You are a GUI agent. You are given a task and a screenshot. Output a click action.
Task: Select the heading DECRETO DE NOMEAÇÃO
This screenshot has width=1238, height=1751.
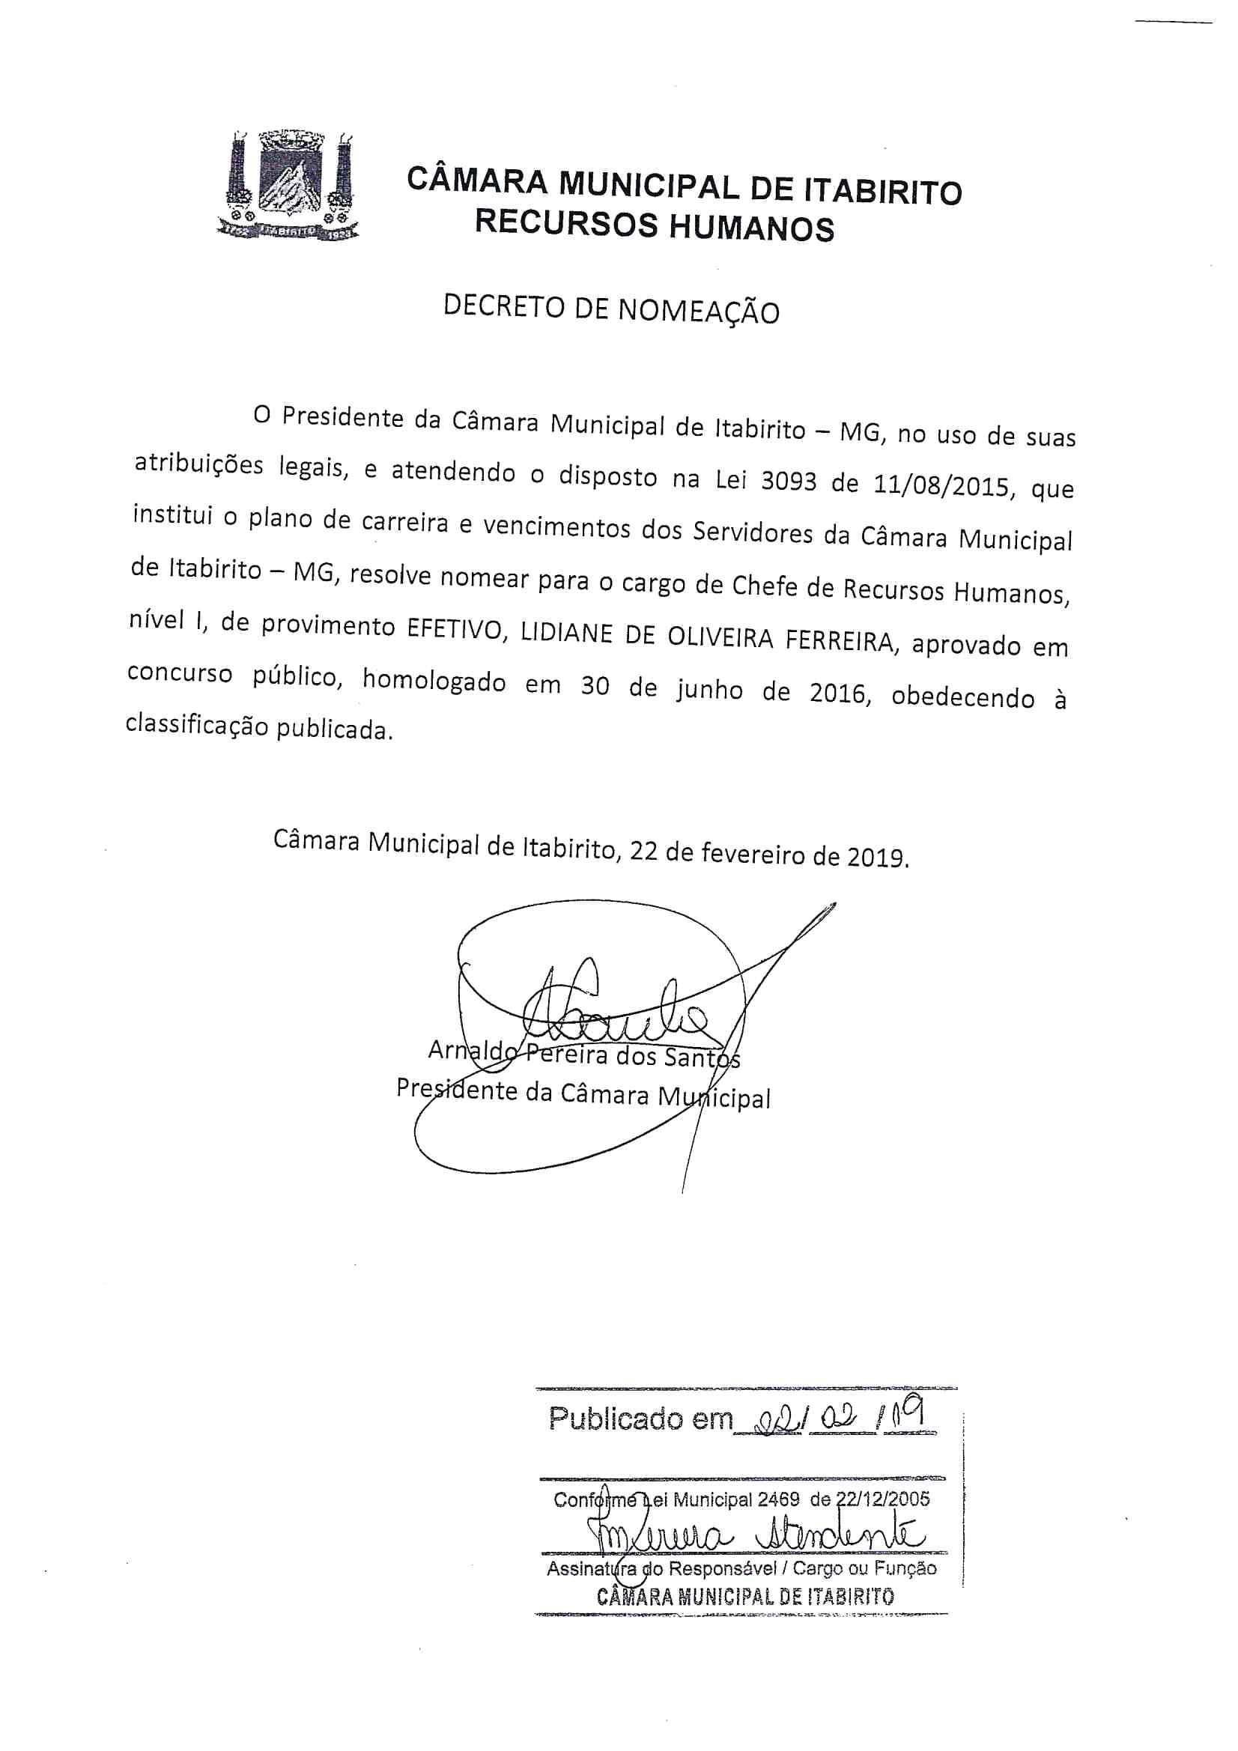[611, 308]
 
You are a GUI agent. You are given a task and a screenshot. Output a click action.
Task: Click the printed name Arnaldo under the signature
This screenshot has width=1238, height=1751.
[473, 1051]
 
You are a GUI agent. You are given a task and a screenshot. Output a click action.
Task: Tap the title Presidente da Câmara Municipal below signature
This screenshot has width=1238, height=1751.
[583, 1093]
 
